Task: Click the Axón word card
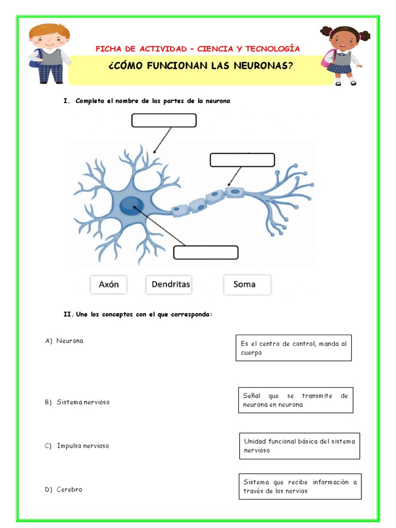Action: (x=108, y=284)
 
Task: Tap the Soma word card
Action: (x=246, y=284)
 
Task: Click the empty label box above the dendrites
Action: (x=164, y=120)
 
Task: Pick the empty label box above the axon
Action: (x=242, y=160)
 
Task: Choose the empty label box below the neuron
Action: (x=206, y=253)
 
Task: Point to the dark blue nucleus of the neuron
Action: (x=131, y=207)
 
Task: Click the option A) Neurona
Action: (x=64, y=341)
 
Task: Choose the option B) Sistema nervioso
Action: (x=77, y=402)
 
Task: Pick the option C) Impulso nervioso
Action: (x=77, y=445)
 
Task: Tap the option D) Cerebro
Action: (x=64, y=489)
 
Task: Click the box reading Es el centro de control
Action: (x=293, y=348)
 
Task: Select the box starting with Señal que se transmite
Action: (x=295, y=400)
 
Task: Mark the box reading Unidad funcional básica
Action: (x=300, y=445)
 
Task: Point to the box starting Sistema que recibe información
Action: (x=300, y=486)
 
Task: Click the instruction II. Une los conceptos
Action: (x=138, y=314)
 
